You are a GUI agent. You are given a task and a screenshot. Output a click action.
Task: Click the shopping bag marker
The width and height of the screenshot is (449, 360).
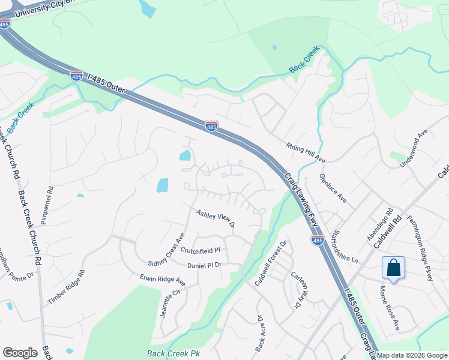pyautogui.click(x=393, y=268)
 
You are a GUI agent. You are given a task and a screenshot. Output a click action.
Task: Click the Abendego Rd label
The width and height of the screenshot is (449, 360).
pyautogui.click(x=379, y=224)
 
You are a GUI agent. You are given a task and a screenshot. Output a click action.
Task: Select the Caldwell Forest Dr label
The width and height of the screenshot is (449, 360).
pyautogui.click(x=271, y=263)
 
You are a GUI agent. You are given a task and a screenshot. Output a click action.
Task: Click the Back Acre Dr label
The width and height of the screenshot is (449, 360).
pyautogui.click(x=260, y=333)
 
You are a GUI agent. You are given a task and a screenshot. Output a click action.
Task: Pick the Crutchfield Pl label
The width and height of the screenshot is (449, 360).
pyautogui.click(x=200, y=250)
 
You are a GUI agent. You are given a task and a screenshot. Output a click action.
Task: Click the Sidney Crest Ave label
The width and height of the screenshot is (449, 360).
pyautogui.click(x=166, y=251)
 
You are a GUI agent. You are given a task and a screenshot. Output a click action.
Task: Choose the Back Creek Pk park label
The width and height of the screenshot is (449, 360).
pyautogui.click(x=173, y=353)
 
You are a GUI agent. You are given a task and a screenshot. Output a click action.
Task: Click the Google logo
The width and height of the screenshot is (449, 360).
pyautogui.click(x=20, y=353)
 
